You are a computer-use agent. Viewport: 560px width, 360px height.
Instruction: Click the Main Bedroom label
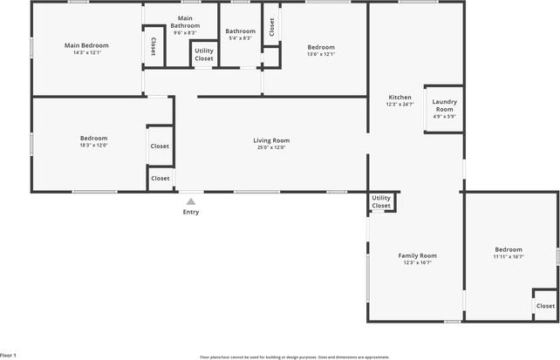point(85,44)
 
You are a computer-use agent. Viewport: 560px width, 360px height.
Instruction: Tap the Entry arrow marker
point(190,201)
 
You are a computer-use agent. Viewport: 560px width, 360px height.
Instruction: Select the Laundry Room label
point(444,105)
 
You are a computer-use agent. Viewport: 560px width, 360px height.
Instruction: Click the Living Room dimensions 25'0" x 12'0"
point(271,147)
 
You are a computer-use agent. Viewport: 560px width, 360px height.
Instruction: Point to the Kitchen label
point(400,97)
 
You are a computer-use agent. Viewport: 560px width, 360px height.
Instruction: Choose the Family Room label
point(417,255)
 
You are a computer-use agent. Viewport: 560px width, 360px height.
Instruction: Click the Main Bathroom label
point(185,22)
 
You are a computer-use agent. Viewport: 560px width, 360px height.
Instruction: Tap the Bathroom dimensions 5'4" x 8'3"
point(240,38)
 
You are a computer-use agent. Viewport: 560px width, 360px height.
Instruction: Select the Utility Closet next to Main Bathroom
point(203,55)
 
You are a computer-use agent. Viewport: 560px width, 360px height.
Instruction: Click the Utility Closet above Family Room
point(381,201)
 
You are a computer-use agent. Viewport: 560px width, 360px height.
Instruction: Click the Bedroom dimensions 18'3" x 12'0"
point(93,146)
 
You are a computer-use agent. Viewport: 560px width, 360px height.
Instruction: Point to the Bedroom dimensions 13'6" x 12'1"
point(321,54)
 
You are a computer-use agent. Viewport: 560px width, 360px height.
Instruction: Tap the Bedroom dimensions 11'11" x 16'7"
point(508,257)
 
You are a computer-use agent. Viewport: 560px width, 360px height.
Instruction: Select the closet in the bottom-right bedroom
point(545,306)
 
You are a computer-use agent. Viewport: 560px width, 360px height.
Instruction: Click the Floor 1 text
point(9,356)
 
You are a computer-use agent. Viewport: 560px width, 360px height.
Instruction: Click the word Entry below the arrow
point(190,212)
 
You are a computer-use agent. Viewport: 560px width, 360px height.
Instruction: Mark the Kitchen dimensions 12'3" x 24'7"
point(400,105)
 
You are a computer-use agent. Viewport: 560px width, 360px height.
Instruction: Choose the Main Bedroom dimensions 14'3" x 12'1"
point(85,52)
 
